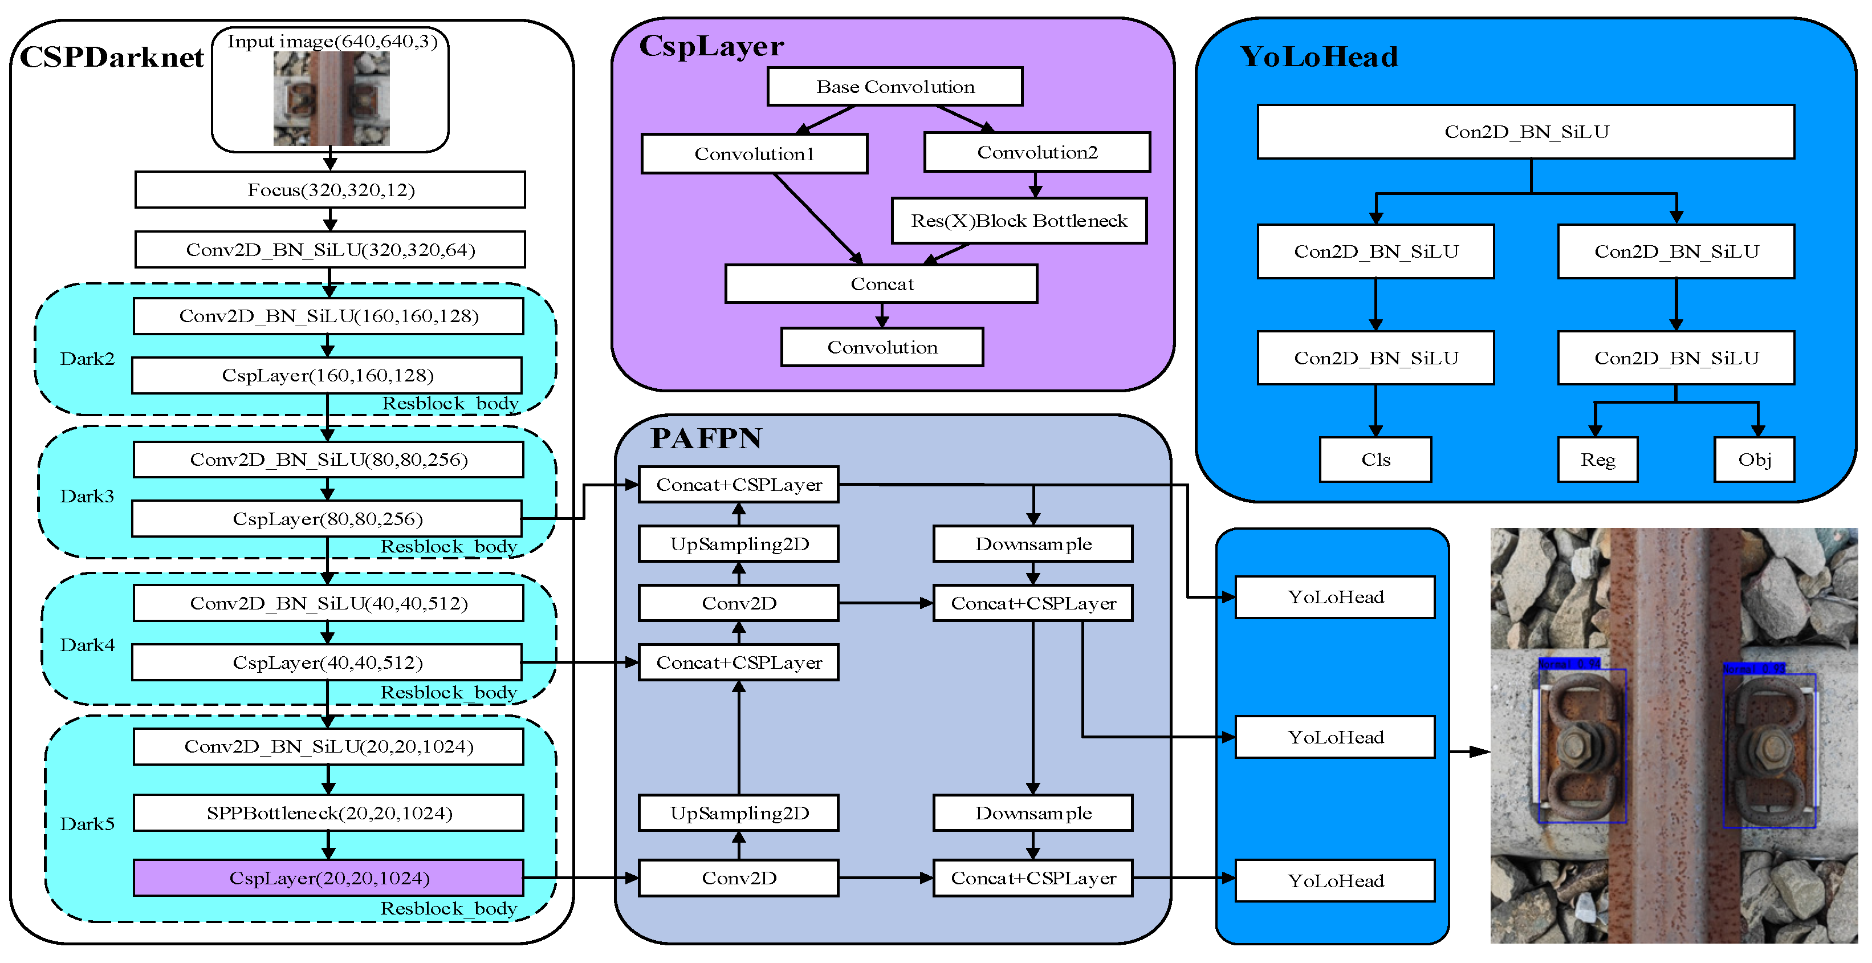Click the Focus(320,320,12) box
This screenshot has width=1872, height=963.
pos(330,190)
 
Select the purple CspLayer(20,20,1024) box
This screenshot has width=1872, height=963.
pos(328,878)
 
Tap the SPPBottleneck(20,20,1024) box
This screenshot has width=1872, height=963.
pos(328,812)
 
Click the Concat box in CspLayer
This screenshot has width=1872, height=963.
pos(881,284)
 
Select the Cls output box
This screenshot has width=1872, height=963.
pos(1375,460)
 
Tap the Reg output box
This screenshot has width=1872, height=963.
pos(1597,460)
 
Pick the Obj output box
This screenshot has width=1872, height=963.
pos(1753,460)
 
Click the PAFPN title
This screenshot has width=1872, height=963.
pos(706,438)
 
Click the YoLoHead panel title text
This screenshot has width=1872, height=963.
pos(1318,56)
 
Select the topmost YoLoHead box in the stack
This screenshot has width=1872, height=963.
pos(1335,598)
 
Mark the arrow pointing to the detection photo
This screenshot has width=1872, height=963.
pos(1470,751)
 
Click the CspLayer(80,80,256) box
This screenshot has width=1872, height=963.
pos(327,519)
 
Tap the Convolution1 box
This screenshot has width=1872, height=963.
pos(754,154)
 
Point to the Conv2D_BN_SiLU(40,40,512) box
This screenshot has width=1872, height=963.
pos(328,603)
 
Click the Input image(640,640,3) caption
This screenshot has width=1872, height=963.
pos(332,42)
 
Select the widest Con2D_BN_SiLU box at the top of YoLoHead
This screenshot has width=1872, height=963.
pos(1525,132)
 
